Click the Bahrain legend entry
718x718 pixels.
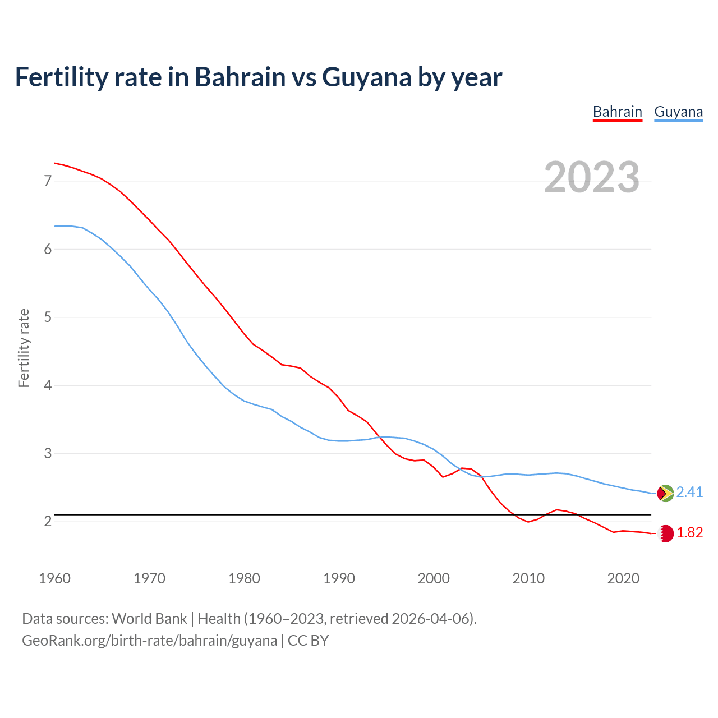(x=617, y=112)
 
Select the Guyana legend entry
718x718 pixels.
(x=678, y=112)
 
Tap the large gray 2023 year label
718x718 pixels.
(x=591, y=177)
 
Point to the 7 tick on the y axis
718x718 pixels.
(x=48, y=181)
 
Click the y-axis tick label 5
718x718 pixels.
(x=48, y=317)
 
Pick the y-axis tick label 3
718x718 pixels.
(x=48, y=453)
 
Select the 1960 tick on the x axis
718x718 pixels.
(x=54, y=578)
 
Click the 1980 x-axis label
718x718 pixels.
(x=244, y=578)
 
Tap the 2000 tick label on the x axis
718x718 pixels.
(x=434, y=578)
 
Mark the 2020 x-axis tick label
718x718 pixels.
(x=623, y=578)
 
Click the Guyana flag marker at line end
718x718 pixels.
(x=665, y=493)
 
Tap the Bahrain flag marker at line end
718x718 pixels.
(x=665, y=533)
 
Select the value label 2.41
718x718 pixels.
(x=689, y=493)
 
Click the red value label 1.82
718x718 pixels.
(x=689, y=533)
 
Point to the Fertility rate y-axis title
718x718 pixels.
(x=24, y=348)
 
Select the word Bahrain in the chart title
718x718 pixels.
(x=240, y=77)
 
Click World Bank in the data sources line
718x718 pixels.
(x=149, y=619)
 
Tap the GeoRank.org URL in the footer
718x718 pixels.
(x=149, y=641)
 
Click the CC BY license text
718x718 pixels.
(x=308, y=641)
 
